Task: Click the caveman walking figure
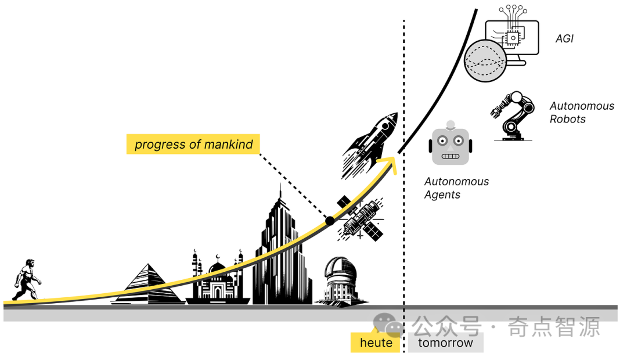pos(27,280)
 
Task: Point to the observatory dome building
pos(340,282)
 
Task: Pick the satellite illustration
pos(361,218)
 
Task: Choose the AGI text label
pos(564,39)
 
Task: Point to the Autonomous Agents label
pos(456,188)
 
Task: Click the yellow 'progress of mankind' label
pos(193,144)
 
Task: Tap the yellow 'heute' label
pos(376,343)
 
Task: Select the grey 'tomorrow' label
pos(445,343)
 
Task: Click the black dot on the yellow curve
pos(330,221)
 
